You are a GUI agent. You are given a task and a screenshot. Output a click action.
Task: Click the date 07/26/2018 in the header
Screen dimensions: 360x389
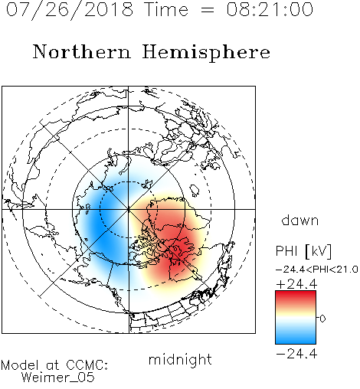coord(70,9)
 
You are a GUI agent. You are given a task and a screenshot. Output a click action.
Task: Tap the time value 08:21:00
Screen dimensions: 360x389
coord(270,9)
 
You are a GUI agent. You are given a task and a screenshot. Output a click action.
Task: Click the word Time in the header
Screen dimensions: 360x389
coord(166,9)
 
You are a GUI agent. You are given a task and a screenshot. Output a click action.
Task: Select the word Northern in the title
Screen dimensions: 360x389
coord(82,51)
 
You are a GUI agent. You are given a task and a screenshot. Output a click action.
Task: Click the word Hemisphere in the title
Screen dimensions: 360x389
coord(206,53)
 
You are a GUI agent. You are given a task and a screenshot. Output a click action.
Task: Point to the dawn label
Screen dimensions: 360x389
coord(300,220)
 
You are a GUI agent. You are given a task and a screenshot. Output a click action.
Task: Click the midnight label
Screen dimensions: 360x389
coord(180,360)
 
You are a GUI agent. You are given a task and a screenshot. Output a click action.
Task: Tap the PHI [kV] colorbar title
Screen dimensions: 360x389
coord(303,251)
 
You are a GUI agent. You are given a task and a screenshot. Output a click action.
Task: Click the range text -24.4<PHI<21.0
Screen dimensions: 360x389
coord(317,269)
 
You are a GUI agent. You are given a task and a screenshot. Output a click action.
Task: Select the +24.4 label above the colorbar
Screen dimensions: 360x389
coord(296,284)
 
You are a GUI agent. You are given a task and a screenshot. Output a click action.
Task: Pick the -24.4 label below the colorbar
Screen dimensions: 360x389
coord(296,354)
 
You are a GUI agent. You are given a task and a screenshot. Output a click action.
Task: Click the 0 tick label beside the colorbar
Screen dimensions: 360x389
coord(322,319)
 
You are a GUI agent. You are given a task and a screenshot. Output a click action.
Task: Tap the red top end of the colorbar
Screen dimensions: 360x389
coord(296,293)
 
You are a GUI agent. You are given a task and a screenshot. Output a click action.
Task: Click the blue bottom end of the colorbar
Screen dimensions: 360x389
coord(296,341)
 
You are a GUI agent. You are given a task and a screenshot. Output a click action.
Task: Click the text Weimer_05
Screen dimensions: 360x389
coord(58,378)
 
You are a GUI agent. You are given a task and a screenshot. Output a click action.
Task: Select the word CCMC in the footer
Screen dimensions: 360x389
coord(87,365)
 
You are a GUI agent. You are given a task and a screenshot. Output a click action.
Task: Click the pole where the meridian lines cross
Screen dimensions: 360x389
coord(129,209)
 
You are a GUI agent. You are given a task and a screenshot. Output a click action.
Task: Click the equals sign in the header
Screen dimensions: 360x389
coord(207,10)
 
